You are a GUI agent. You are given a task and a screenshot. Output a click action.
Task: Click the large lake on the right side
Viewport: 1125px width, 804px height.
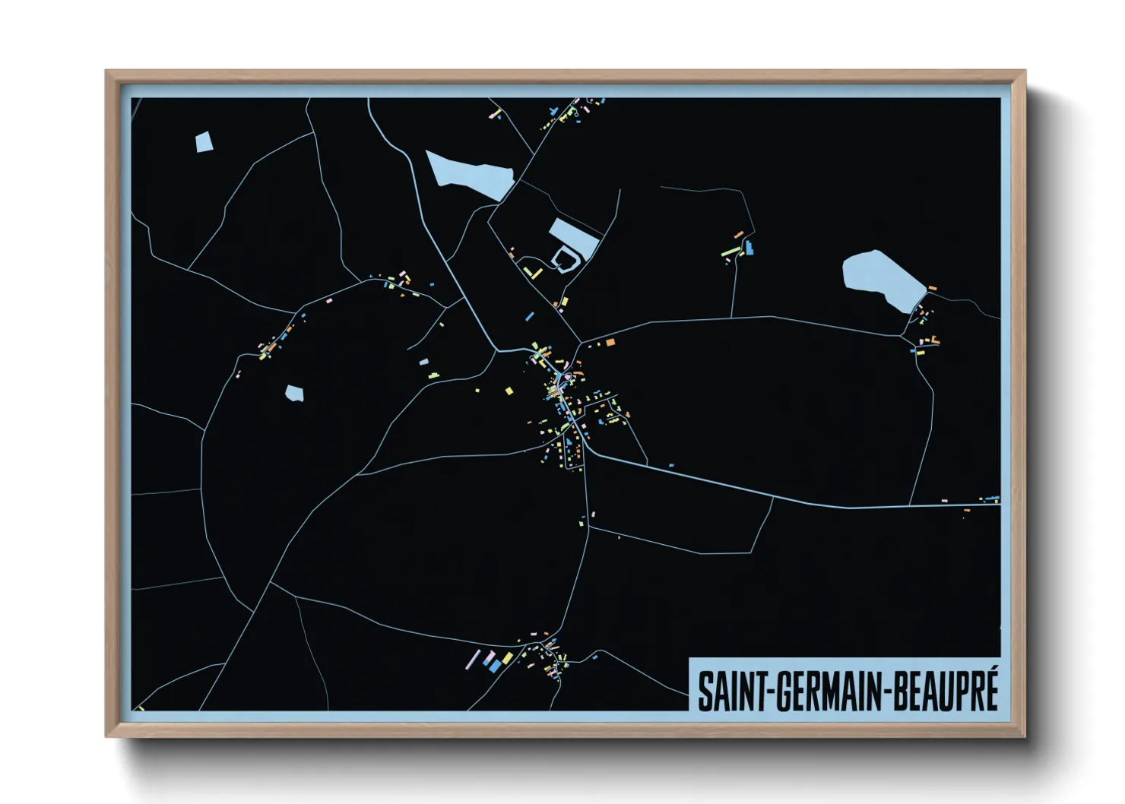(x=882, y=280)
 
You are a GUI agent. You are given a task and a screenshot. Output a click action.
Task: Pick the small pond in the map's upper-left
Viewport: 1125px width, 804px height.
(x=203, y=142)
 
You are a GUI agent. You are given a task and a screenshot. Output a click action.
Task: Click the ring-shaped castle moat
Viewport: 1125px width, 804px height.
(x=565, y=260)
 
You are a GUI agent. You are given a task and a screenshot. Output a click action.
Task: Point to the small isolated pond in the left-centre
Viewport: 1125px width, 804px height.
(x=294, y=393)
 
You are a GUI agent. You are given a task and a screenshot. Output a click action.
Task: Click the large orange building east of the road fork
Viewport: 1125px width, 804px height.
(x=610, y=343)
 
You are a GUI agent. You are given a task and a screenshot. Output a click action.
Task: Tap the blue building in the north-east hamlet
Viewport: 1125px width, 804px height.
(x=750, y=248)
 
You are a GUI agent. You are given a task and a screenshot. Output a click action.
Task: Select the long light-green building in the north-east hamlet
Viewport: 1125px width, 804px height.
(x=730, y=251)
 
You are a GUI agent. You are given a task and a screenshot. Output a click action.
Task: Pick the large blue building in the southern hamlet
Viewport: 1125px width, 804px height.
(x=495, y=665)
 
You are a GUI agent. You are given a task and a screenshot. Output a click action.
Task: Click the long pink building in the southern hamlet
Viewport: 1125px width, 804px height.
(x=473, y=659)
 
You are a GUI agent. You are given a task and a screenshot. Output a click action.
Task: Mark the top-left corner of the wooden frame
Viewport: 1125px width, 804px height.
(x=106, y=71)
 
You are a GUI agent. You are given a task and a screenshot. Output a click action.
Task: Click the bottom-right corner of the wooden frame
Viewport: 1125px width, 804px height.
(x=1024, y=736)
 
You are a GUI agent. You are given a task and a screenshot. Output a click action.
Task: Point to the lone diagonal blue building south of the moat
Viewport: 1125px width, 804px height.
(x=530, y=315)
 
